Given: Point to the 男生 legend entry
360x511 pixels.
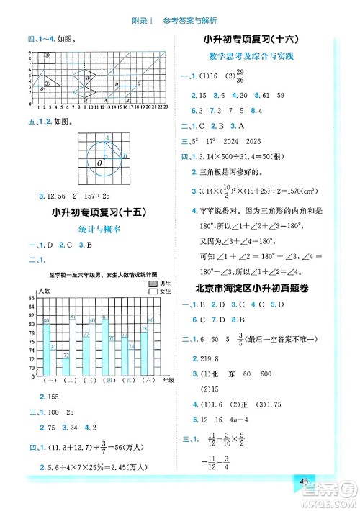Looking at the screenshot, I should [x=159, y=285].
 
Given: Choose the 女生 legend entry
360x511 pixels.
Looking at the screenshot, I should [x=159, y=293].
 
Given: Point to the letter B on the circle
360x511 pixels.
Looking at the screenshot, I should [x=125, y=155].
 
